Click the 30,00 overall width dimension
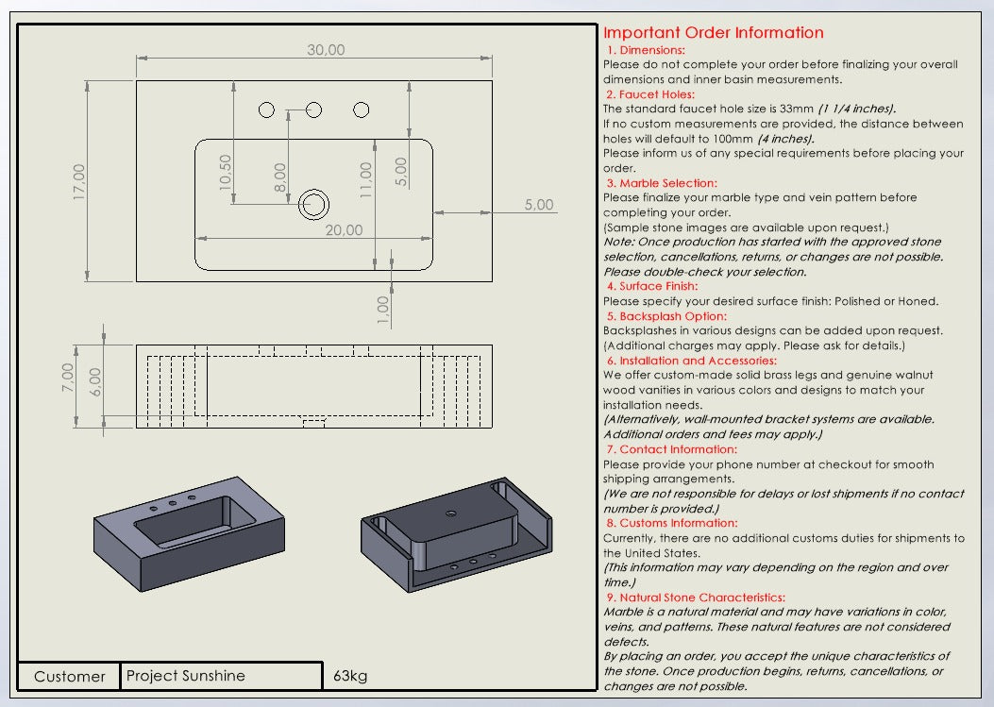[326, 50]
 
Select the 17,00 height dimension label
[78, 181]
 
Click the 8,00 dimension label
[280, 177]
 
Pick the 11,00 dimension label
[366, 179]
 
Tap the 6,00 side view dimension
[95, 381]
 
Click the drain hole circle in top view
[313, 203]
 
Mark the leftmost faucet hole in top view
[266, 110]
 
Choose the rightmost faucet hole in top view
[361, 110]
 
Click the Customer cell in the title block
[70, 676]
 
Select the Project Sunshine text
[186, 676]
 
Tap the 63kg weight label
[350, 676]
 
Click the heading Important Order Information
[713, 33]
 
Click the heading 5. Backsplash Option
[666, 316]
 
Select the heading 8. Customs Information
[671, 523]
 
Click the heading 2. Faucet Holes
[650, 94]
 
